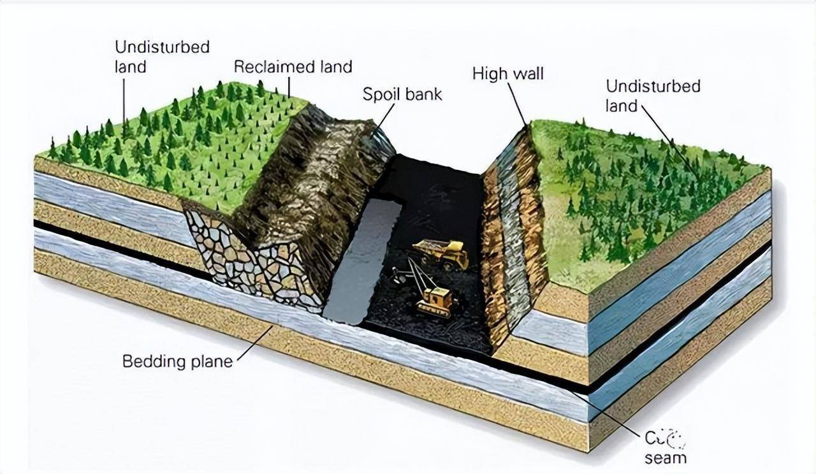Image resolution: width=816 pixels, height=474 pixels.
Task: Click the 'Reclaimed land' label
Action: click(293, 66)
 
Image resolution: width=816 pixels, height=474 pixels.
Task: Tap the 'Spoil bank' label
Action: click(402, 95)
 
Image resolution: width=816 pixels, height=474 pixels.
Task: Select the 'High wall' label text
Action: click(507, 74)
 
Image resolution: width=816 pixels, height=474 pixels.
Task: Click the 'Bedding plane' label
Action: click(177, 362)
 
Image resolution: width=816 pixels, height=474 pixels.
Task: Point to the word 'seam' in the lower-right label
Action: click(665, 457)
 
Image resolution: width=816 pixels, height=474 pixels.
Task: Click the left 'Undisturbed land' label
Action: click(162, 57)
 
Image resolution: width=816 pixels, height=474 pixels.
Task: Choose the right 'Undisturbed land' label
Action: click(653, 96)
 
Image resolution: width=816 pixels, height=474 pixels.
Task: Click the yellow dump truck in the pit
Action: click(441, 254)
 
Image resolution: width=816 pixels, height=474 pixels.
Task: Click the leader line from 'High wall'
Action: click(517, 105)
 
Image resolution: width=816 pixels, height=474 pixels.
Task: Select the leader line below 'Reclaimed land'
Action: click(288, 87)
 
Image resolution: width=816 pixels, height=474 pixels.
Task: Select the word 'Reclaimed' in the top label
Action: click(264, 66)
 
